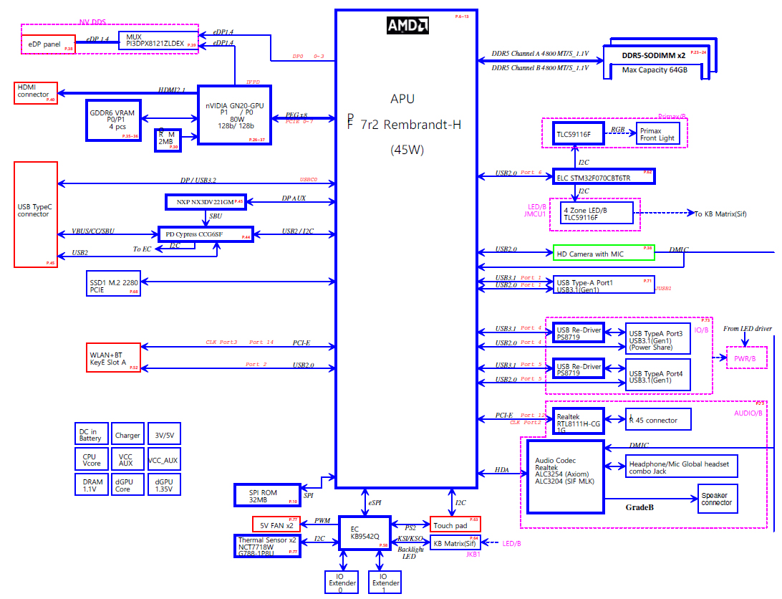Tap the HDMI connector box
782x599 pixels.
[x=36, y=93]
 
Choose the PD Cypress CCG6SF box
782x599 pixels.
[x=205, y=234]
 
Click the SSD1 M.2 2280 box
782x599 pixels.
[x=112, y=284]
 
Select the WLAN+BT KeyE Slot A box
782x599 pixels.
[x=112, y=358]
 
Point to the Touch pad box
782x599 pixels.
[x=455, y=524]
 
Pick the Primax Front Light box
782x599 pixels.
[x=658, y=134]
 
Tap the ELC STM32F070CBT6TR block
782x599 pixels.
[x=604, y=176]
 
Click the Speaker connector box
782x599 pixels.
[x=717, y=499]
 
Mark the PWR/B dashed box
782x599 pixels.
[x=740, y=358]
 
